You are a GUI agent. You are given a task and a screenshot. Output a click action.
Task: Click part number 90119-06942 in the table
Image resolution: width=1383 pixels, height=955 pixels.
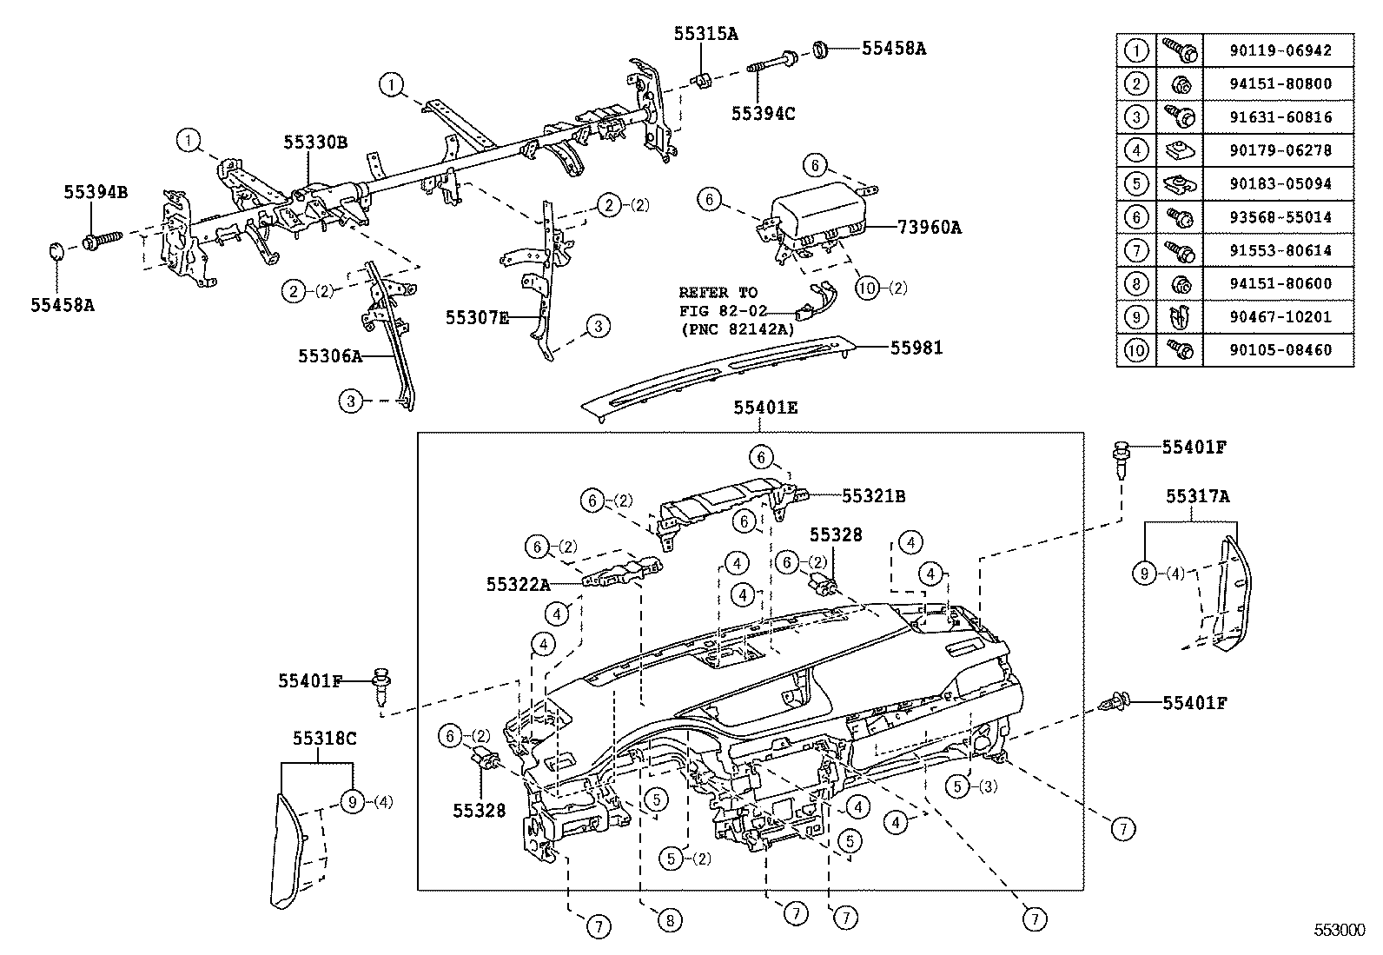point(1280,50)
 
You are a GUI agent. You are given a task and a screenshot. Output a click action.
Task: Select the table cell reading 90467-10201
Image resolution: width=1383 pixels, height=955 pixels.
point(1280,317)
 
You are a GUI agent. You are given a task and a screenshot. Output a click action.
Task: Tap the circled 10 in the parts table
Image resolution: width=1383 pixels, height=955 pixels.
point(1136,350)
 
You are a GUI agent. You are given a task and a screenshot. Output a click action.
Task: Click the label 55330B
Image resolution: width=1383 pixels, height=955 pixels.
point(315,142)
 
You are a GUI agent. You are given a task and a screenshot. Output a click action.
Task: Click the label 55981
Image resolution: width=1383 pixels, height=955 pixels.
point(916,348)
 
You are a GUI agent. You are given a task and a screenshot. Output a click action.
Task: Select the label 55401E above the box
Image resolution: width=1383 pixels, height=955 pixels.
point(764,407)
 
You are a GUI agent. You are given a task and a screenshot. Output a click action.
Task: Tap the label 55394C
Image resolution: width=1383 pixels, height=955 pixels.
point(763,112)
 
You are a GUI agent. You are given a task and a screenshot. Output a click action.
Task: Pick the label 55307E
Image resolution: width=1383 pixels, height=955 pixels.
point(477,318)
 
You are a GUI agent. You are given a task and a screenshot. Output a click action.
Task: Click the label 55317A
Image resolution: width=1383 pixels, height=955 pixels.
point(1197,496)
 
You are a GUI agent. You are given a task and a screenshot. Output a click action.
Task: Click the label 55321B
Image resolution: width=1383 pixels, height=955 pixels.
point(873,496)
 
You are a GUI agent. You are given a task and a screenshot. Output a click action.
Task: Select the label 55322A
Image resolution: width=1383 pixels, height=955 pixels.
point(518,586)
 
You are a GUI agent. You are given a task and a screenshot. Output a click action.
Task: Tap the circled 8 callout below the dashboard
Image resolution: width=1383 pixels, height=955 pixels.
point(670,920)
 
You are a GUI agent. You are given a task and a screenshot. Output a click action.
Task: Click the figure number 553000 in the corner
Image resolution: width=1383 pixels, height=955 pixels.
point(1339,929)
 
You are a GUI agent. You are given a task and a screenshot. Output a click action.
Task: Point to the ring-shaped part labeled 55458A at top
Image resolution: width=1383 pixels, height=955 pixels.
point(820,50)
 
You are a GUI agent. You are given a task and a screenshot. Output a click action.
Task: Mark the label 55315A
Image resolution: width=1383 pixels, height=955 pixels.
point(705,34)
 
